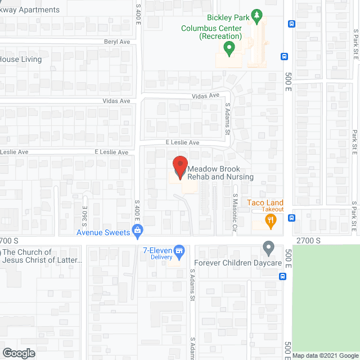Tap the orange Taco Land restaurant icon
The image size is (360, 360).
[271, 222]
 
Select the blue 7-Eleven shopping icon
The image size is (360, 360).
[179, 251]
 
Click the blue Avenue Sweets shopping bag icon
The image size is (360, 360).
[137, 230]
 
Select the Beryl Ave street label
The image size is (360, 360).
[117, 42]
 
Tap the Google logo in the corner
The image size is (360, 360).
[18, 353]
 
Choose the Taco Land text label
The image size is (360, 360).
[265, 202]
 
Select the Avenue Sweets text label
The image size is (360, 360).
[103, 232]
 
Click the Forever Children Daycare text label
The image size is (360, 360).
[237, 263]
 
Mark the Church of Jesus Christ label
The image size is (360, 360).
[42, 256]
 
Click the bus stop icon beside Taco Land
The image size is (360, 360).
[291, 217]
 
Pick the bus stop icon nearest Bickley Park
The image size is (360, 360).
[291, 24]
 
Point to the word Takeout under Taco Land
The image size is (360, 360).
[272, 210]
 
